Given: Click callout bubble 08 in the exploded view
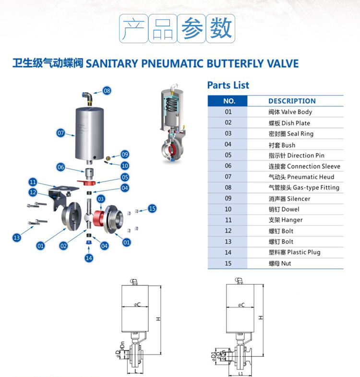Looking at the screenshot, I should point(107,90).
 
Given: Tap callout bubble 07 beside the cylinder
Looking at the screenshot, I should point(60,133).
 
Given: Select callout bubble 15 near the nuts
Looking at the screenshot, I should point(152,208).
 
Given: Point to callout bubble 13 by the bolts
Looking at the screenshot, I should point(17,237).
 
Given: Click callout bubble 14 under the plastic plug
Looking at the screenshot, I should point(88,258).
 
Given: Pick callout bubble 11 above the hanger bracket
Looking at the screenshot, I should point(33,182).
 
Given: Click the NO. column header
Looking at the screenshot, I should point(229,101).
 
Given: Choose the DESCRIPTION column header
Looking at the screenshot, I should point(292,101).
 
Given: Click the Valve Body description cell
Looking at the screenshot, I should point(290,112).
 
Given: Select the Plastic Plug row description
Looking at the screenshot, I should point(294,252).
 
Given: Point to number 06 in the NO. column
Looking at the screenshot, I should point(228,166).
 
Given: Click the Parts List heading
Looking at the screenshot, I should point(228,85).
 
